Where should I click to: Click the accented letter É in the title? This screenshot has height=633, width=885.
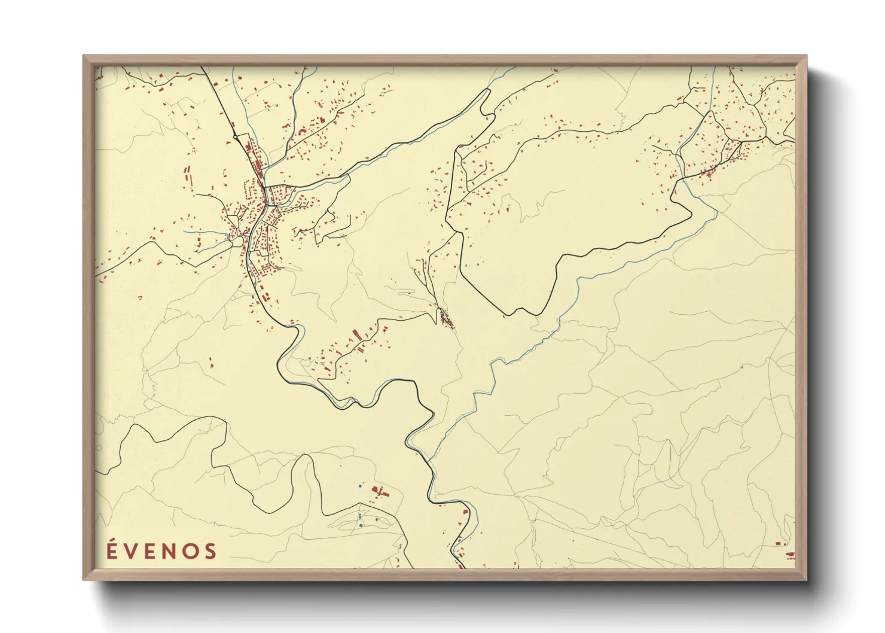(112, 550)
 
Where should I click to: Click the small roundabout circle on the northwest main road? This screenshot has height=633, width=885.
(236, 137)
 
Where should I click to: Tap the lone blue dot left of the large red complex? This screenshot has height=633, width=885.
(359, 486)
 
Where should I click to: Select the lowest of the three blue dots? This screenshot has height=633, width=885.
(361, 525)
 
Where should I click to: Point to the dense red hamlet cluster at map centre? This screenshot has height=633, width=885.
(445, 319)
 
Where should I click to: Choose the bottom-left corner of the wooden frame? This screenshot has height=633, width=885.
(84, 579)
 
